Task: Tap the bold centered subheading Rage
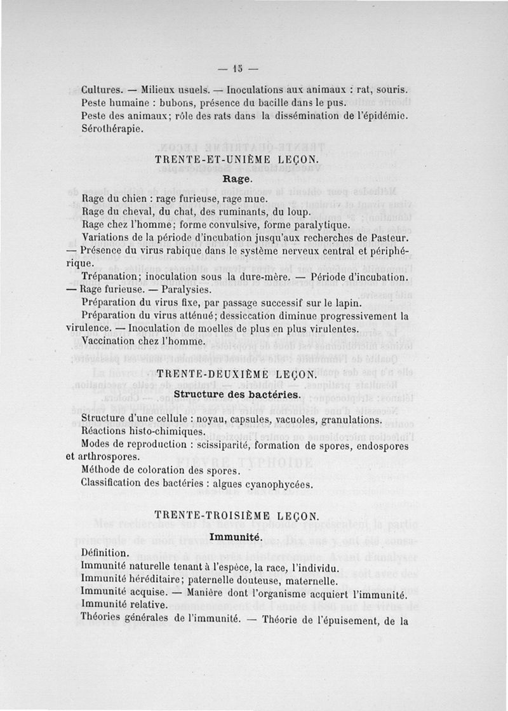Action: (x=236, y=179)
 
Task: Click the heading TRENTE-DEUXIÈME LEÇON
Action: (x=236, y=375)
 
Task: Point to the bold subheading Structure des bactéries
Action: (x=236, y=394)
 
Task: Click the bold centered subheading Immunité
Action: (x=236, y=538)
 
